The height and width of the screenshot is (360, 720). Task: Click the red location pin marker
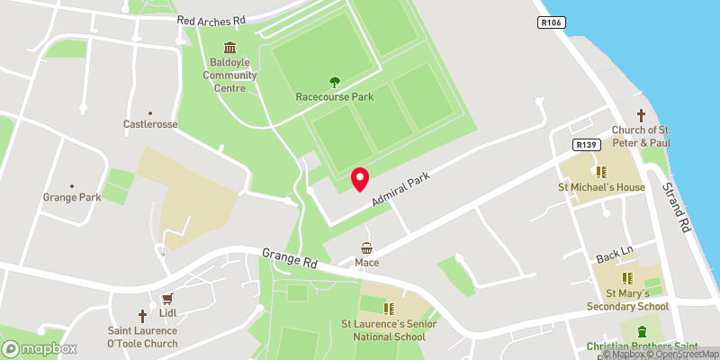click(x=360, y=179)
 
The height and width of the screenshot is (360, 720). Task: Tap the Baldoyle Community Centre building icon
click(x=229, y=48)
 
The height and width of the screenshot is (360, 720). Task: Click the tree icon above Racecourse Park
click(x=335, y=82)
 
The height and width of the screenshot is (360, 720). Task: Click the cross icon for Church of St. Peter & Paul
click(x=642, y=115)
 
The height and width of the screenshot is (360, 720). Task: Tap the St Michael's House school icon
click(x=600, y=171)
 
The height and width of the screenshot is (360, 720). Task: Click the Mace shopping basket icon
click(x=366, y=247)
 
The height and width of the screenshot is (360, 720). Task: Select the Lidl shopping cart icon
click(x=166, y=299)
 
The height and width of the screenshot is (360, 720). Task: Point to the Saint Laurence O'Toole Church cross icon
click(x=142, y=316)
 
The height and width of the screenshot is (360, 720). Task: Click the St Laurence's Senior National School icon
click(x=390, y=308)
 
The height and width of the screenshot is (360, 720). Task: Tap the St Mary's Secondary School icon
click(x=628, y=278)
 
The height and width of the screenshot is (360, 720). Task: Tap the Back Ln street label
click(x=614, y=256)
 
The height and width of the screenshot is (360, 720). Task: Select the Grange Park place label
click(x=72, y=196)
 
